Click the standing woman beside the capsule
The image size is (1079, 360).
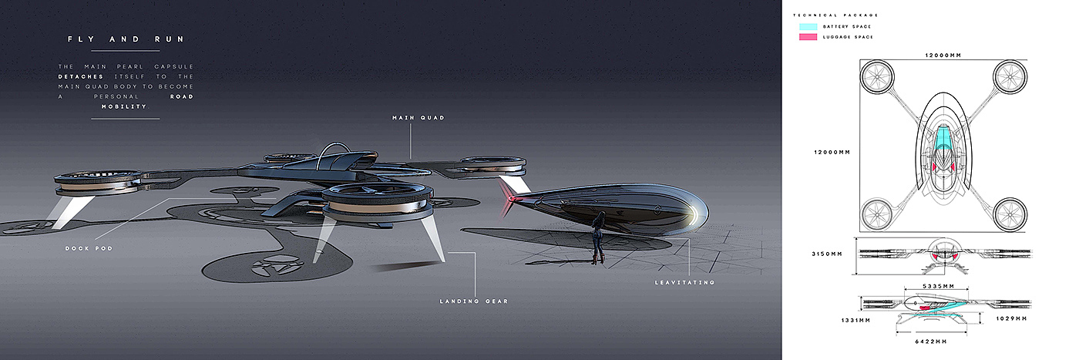(597, 236)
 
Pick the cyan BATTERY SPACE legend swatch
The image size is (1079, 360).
(808, 27)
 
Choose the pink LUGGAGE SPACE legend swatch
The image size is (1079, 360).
(808, 36)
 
